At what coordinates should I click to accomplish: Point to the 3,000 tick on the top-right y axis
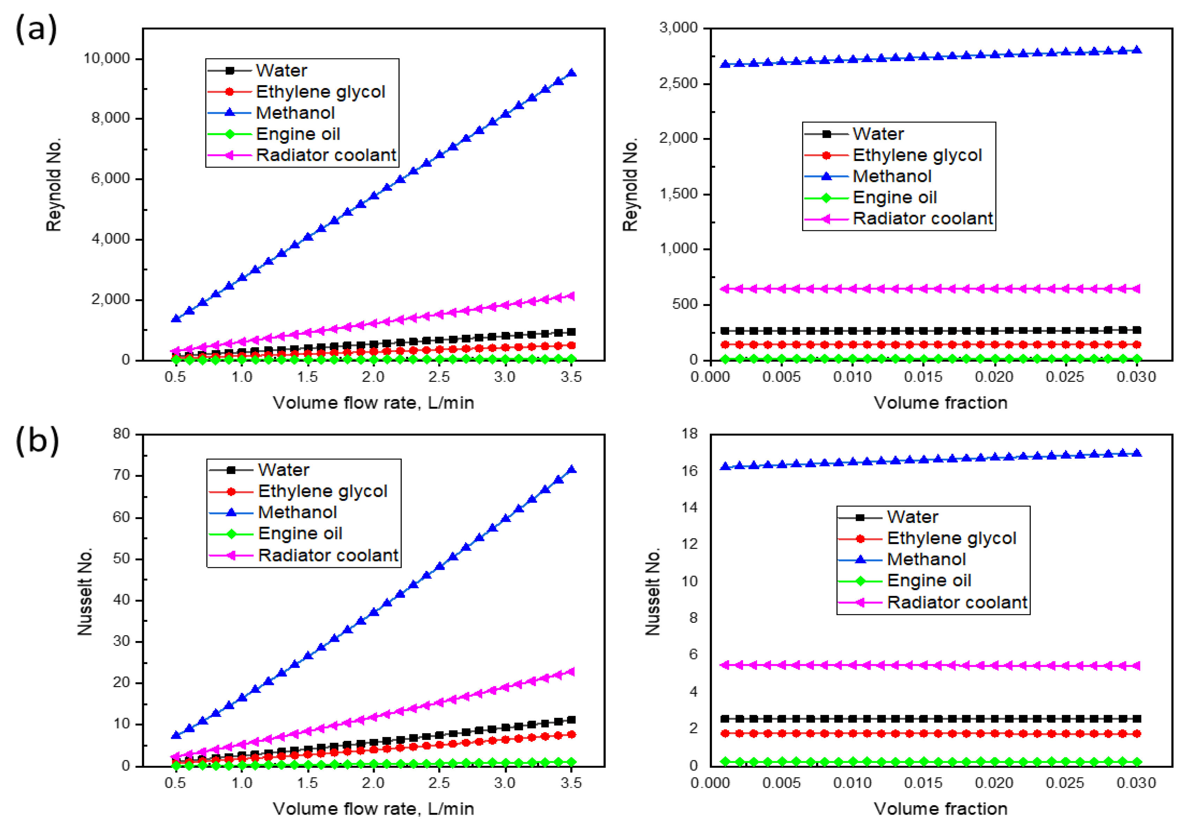[x=678, y=28]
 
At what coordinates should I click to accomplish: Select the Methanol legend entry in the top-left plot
[x=295, y=113]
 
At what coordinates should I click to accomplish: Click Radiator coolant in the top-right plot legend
[x=922, y=219]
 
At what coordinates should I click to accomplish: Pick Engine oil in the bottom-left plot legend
[x=300, y=534]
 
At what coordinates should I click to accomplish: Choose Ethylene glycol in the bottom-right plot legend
[x=951, y=538]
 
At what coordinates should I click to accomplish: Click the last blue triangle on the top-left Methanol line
[x=572, y=73]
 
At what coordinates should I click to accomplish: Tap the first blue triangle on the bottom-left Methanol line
[x=176, y=735]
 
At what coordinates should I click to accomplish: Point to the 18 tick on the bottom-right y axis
[x=690, y=434]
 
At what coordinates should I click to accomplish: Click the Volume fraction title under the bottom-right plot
[x=940, y=809]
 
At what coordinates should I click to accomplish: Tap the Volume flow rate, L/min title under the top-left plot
[x=373, y=402]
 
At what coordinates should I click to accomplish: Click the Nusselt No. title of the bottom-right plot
[x=653, y=591]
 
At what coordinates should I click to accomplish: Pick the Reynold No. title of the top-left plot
[x=54, y=184]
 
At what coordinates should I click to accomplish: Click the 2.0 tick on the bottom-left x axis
[x=373, y=783]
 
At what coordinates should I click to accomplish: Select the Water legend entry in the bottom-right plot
[x=912, y=517]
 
